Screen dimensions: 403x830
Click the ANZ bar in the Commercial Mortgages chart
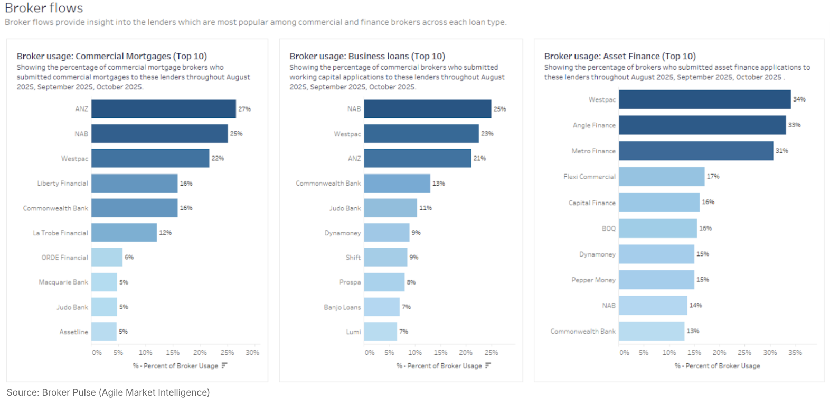(164, 109)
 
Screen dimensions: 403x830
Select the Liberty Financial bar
(135, 184)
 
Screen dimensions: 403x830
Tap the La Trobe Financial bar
(124, 233)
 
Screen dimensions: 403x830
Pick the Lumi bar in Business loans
(380, 332)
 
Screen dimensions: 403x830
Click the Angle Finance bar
(702, 125)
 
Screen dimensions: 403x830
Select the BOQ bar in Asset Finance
(658, 228)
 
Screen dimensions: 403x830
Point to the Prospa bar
(384, 282)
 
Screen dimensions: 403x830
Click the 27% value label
(244, 109)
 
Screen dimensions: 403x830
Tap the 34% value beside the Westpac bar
(799, 99)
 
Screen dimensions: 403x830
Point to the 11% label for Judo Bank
(426, 208)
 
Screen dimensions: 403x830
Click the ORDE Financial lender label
(65, 258)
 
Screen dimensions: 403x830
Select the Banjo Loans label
(342, 307)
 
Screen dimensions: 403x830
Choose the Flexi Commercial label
(589, 177)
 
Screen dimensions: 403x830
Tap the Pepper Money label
(593, 280)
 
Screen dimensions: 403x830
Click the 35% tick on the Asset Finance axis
(795, 352)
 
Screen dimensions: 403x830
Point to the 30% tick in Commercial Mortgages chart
(252, 352)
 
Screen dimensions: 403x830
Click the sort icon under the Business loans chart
(488, 365)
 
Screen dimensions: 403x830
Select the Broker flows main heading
(44, 8)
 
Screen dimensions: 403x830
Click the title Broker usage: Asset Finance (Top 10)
(620, 56)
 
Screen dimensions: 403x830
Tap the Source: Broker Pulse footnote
(108, 392)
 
